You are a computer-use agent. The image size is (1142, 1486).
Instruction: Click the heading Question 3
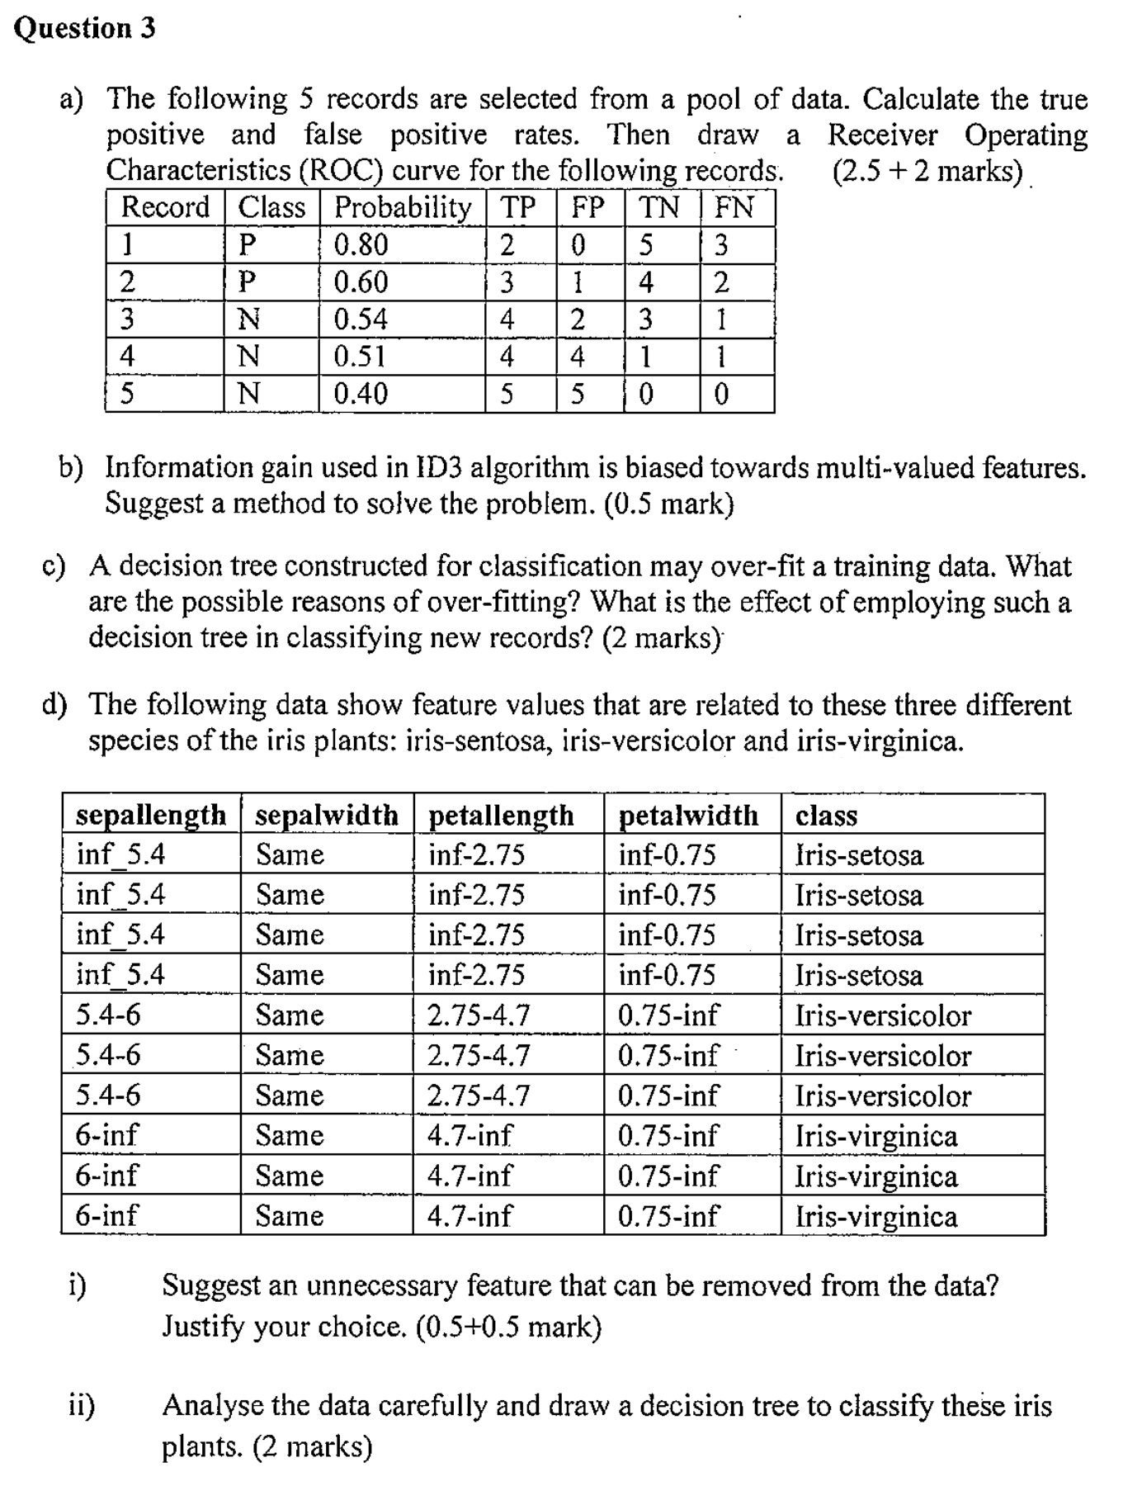pos(85,28)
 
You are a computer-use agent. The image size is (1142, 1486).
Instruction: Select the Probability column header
pos(403,207)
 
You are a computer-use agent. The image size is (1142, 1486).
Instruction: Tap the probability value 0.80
pos(361,245)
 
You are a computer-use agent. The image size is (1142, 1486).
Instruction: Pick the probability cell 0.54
pos(361,319)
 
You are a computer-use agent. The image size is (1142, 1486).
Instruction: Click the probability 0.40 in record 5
pos(361,394)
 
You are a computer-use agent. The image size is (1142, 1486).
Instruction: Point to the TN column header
pos(660,207)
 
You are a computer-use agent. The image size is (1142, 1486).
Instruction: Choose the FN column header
pos(734,207)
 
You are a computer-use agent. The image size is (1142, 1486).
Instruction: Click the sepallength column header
pos(151,815)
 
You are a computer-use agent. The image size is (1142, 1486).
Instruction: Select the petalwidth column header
pos(688,815)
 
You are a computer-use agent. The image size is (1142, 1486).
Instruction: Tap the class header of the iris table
pos(826,815)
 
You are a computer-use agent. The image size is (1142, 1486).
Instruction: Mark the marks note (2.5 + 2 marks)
pos(927,171)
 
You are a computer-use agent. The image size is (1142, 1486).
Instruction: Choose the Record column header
pos(165,207)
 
